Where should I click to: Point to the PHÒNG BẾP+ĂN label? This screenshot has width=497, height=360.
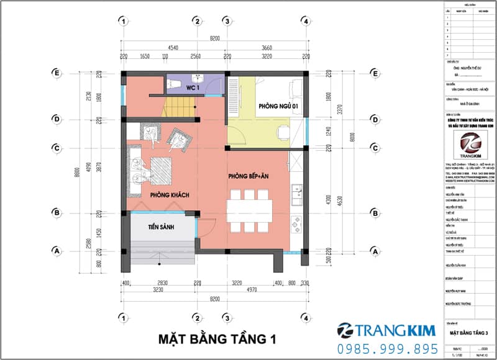[x=249, y=176]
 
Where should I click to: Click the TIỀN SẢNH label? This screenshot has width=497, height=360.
[x=160, y=228]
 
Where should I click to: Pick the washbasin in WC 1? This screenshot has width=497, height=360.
[x=198, y=79]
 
